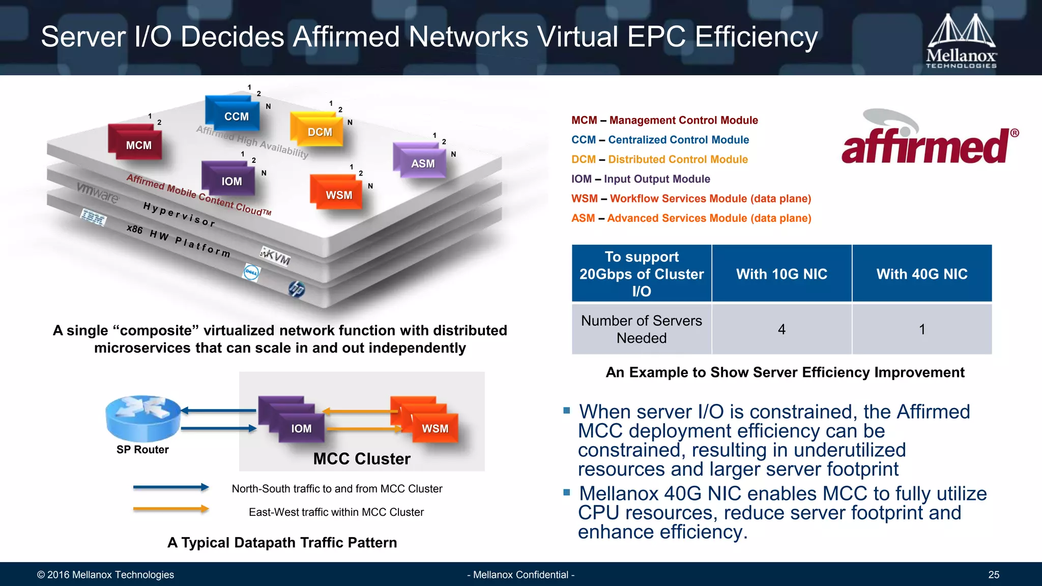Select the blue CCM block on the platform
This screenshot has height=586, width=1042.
point(234,114)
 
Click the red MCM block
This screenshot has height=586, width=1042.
point(137,143)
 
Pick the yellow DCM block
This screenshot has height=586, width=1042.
point(319,130)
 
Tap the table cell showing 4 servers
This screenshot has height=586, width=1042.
point(781,329)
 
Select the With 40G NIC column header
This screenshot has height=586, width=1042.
point(921,274)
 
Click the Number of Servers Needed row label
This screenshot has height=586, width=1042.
point(641,329)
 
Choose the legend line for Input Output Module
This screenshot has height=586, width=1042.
point(641,179)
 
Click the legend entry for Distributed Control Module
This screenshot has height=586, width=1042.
point(659,159)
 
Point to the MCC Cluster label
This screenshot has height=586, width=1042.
point(362,459)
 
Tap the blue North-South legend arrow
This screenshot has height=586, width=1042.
point(171,487)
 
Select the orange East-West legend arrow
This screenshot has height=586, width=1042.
point(171,509)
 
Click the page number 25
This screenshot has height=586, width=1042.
point(993,575)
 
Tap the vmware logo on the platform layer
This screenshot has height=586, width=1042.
point(97,193)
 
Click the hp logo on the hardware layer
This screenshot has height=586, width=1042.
point(297,289)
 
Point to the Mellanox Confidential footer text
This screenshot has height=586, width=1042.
point(520,575)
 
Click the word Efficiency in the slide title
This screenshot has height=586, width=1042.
point(756,37)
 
